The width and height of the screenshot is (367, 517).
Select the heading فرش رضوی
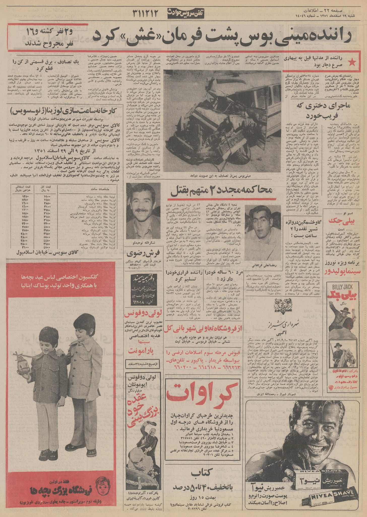click(143, 253)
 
